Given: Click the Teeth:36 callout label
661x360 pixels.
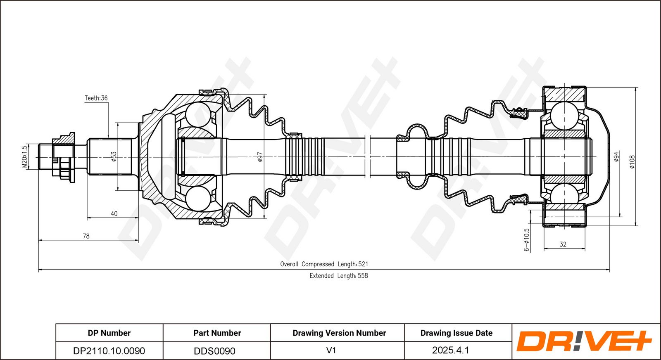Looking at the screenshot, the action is point(96,98).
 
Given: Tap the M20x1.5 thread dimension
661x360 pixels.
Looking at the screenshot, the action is point(25,156).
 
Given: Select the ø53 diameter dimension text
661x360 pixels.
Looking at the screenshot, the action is point(114,157).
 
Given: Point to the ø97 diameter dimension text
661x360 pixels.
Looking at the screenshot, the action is point(260,157).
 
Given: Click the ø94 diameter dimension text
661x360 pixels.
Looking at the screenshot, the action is point(616,156).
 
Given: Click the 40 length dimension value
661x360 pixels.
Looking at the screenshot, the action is point(114,213).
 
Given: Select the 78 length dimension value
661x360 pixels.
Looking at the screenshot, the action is point(86,236).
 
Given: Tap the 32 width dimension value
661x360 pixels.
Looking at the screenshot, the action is point(563,244).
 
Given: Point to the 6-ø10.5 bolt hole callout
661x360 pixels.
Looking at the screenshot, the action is point(527,240).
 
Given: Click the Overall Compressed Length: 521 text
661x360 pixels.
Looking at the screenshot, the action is point(324,264).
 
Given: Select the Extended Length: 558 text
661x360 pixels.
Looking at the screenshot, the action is point(339,276).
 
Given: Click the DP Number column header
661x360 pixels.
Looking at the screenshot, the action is point(109,333).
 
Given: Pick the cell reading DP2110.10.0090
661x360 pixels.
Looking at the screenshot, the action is point(109,351).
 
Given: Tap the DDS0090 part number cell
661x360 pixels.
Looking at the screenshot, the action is point(214,351).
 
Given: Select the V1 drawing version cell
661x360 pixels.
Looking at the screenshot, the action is point(331,350).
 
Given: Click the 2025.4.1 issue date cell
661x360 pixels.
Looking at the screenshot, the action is point(451,350).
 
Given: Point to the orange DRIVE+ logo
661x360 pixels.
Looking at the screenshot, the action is point(584,341).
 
